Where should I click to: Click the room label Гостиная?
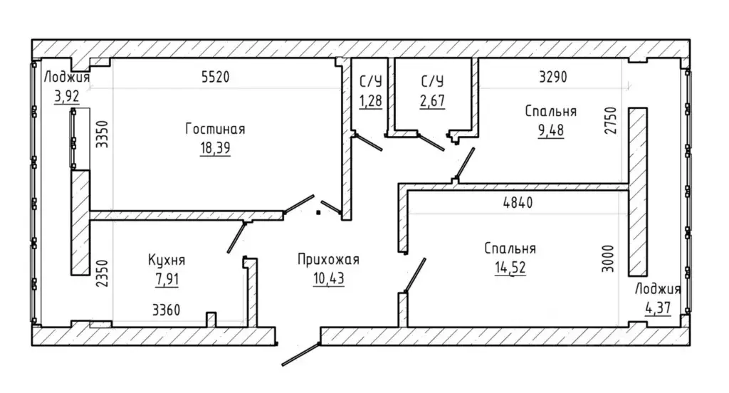tap(215, 129)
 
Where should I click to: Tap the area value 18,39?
tap(215, 148)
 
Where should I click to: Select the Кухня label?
tap(167, 260)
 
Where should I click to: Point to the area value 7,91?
tap(167, 280)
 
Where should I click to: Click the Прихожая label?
tap(329, 259)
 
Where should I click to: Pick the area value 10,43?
tap(329, 278)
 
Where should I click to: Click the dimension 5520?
tap(216, 77)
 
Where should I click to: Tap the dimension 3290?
tap(552, 77)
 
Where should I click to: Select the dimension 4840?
tap(518, 203)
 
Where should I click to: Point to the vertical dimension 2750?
tap(610, 120)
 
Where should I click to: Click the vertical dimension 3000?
tap(608, 258)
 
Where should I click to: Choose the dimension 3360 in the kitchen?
tap(166, 310)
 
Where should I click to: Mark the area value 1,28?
tap(370, 100)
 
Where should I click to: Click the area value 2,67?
tap(432, 100)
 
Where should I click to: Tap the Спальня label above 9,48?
tap(551, 111)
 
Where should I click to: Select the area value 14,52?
tap(510, 268)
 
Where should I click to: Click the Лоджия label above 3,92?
tap(67, 77)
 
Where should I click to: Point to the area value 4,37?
tap(658, 308)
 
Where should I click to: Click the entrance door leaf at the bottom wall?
tap(301, 355)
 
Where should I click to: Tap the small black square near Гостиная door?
tap(318, 213)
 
